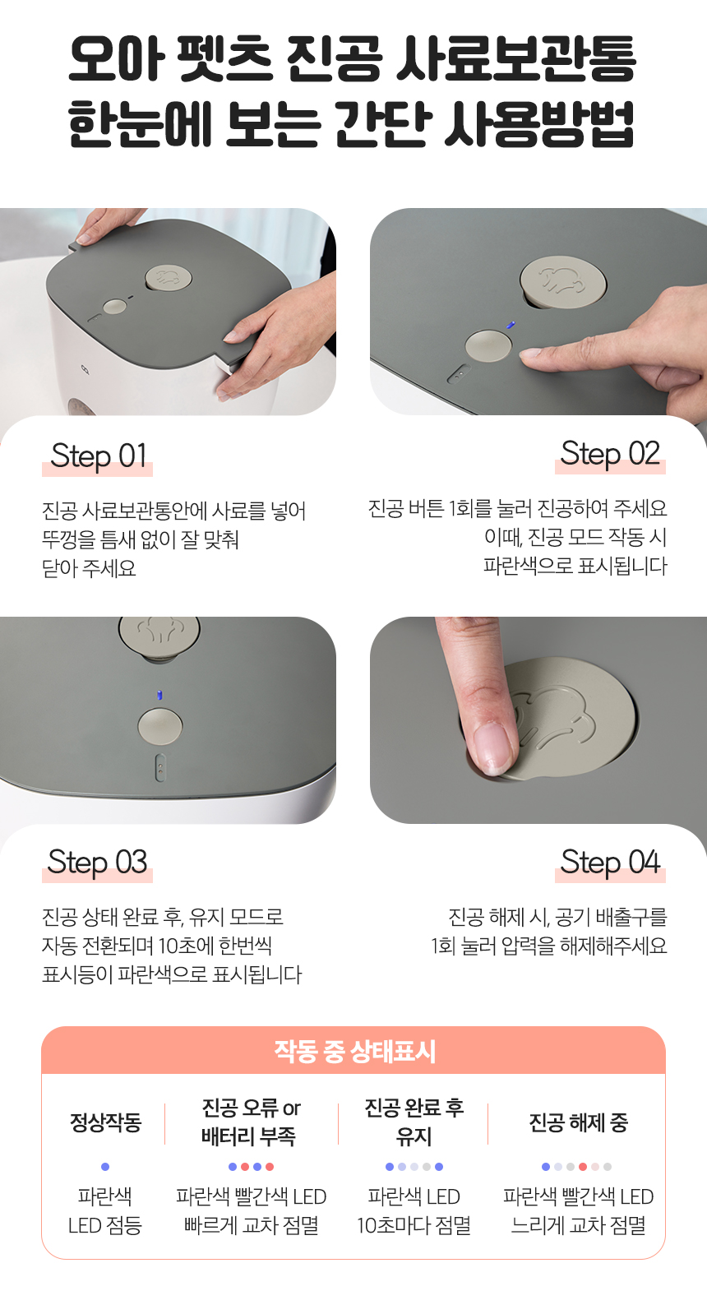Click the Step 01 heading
[98, 456]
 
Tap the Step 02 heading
[610, 453]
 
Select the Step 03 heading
[97, 863]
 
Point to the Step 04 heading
[610, 863]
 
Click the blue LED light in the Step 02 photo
[511, 325]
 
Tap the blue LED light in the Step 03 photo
[160, 695]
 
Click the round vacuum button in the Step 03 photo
[160, 726]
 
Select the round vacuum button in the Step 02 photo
[488, 345]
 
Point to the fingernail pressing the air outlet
[492, 748]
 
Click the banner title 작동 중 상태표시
[354, 1051]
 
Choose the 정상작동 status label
[105, 1122]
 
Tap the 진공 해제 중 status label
[578, 1122]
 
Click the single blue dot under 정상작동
[105, 1167]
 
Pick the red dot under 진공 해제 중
[583, 1167]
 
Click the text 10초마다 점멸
[414, 1225]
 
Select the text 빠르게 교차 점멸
[251, 1225]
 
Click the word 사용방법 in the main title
[538, 124]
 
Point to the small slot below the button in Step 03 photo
[160, 768]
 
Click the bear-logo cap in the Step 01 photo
[169, 277]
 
